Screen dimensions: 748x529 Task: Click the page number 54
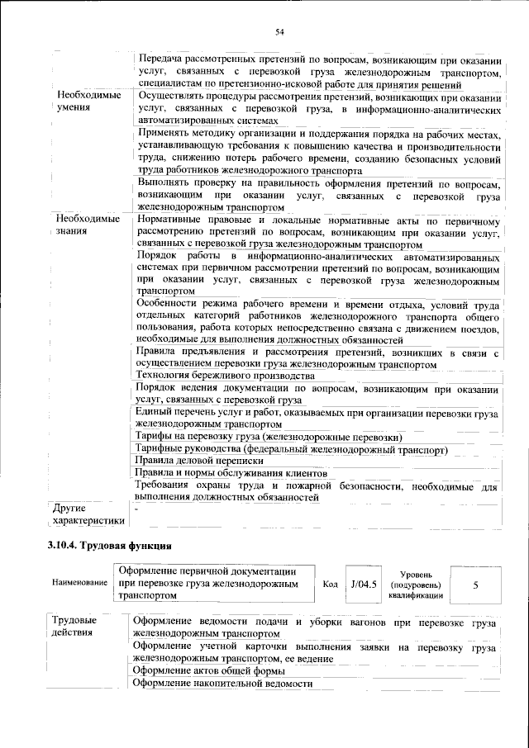(279, 31)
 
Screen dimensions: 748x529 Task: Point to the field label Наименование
(80, 583)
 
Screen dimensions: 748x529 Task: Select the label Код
(330, 584)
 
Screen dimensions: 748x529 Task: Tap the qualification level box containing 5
(474, 584)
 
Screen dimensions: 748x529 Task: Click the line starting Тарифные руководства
(293, 449)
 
